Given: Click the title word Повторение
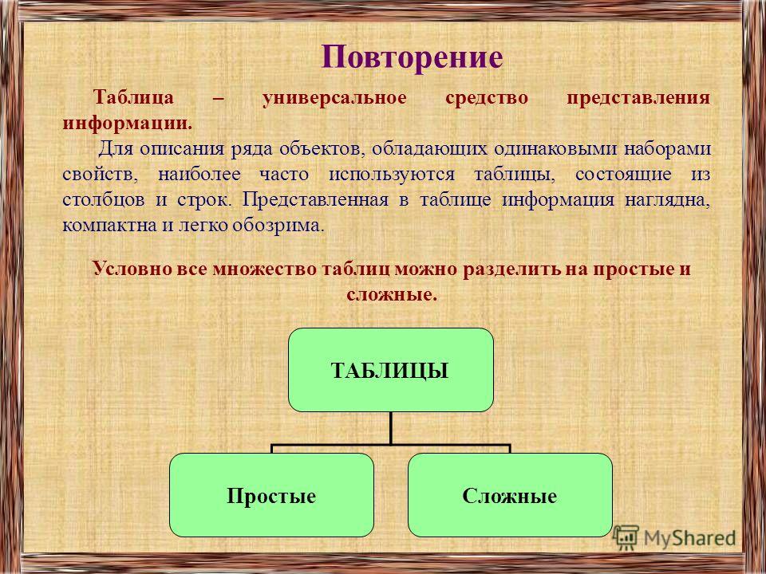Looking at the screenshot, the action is coord(412,58).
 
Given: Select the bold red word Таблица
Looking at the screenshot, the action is coord(133,98).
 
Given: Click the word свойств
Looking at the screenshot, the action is coord(101,175).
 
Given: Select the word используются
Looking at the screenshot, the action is coord(392,175).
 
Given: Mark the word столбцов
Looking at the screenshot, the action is coord(104,200).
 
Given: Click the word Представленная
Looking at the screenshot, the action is coord(315,200).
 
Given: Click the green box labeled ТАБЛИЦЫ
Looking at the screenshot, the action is coord(391,369).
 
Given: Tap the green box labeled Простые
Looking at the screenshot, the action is coord(271,495).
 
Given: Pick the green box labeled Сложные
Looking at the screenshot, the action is coord(510,495).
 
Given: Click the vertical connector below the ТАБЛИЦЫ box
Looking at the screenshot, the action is coord(391,428).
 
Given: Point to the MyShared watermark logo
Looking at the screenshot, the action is coord(674,537).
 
